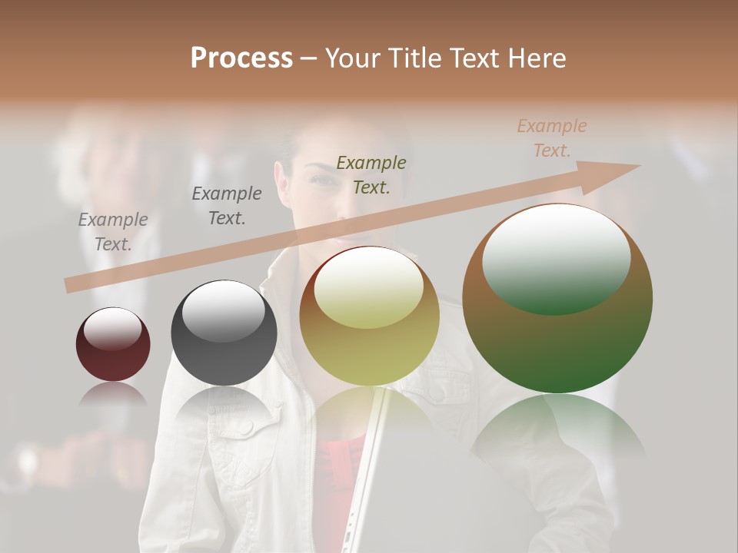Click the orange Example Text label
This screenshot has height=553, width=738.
pyautogui.click(x=552, y=138)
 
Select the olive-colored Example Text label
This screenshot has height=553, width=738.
pyautogui.click(x=371, y=174)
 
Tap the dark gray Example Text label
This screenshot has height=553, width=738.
pyautogui.click(x=227, y=205)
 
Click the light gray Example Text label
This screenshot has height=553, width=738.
pyautogui.click(x=113, y=231)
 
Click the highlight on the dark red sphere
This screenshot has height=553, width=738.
pyautogui.click(x=112, y=328)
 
